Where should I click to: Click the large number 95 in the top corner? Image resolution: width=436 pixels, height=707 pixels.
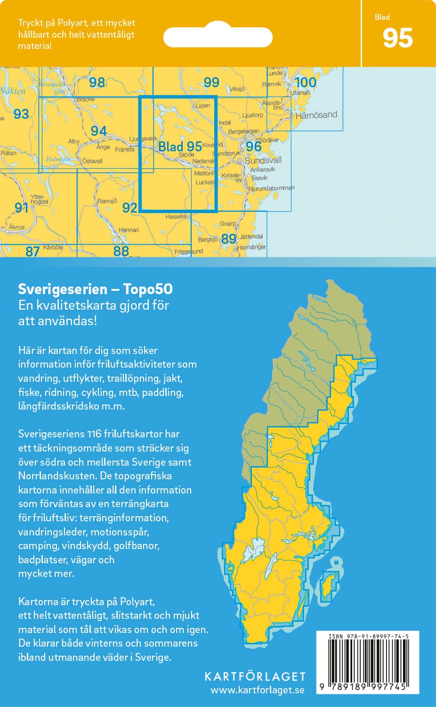point(397,38)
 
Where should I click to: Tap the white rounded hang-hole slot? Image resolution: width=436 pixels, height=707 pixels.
point(218,37)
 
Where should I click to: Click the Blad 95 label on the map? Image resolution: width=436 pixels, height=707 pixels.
point(180,147)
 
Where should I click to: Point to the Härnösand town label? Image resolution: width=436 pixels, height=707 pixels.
point(316,115)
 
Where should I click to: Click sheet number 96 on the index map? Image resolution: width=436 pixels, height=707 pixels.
point(253,147)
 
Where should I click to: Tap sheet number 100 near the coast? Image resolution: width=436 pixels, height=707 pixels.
point(305,82)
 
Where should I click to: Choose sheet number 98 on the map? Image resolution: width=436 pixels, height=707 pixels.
point(97,82)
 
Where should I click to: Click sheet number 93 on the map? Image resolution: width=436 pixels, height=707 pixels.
point(21,114)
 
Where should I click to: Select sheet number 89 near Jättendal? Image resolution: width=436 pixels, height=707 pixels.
point(228,239)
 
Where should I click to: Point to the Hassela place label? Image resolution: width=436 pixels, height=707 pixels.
point(176,217)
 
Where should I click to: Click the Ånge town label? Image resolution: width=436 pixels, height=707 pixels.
point(103,147)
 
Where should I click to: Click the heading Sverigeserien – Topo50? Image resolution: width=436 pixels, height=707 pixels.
point(95,289)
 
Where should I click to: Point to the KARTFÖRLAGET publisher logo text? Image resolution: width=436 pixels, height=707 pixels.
point(255,677)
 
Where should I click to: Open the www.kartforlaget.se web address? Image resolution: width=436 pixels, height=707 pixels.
point(257,691)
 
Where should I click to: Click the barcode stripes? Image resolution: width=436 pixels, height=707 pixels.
point(367,660)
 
